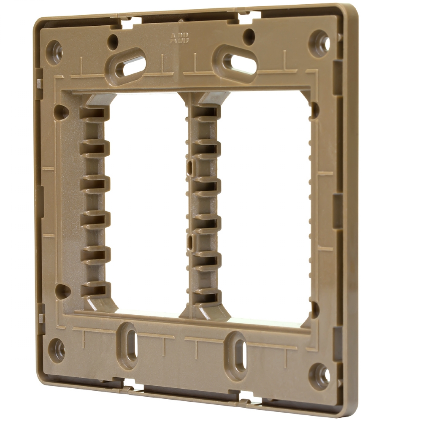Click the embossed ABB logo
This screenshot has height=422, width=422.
[179, 38]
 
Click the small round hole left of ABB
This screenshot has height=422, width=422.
[113, 40]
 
